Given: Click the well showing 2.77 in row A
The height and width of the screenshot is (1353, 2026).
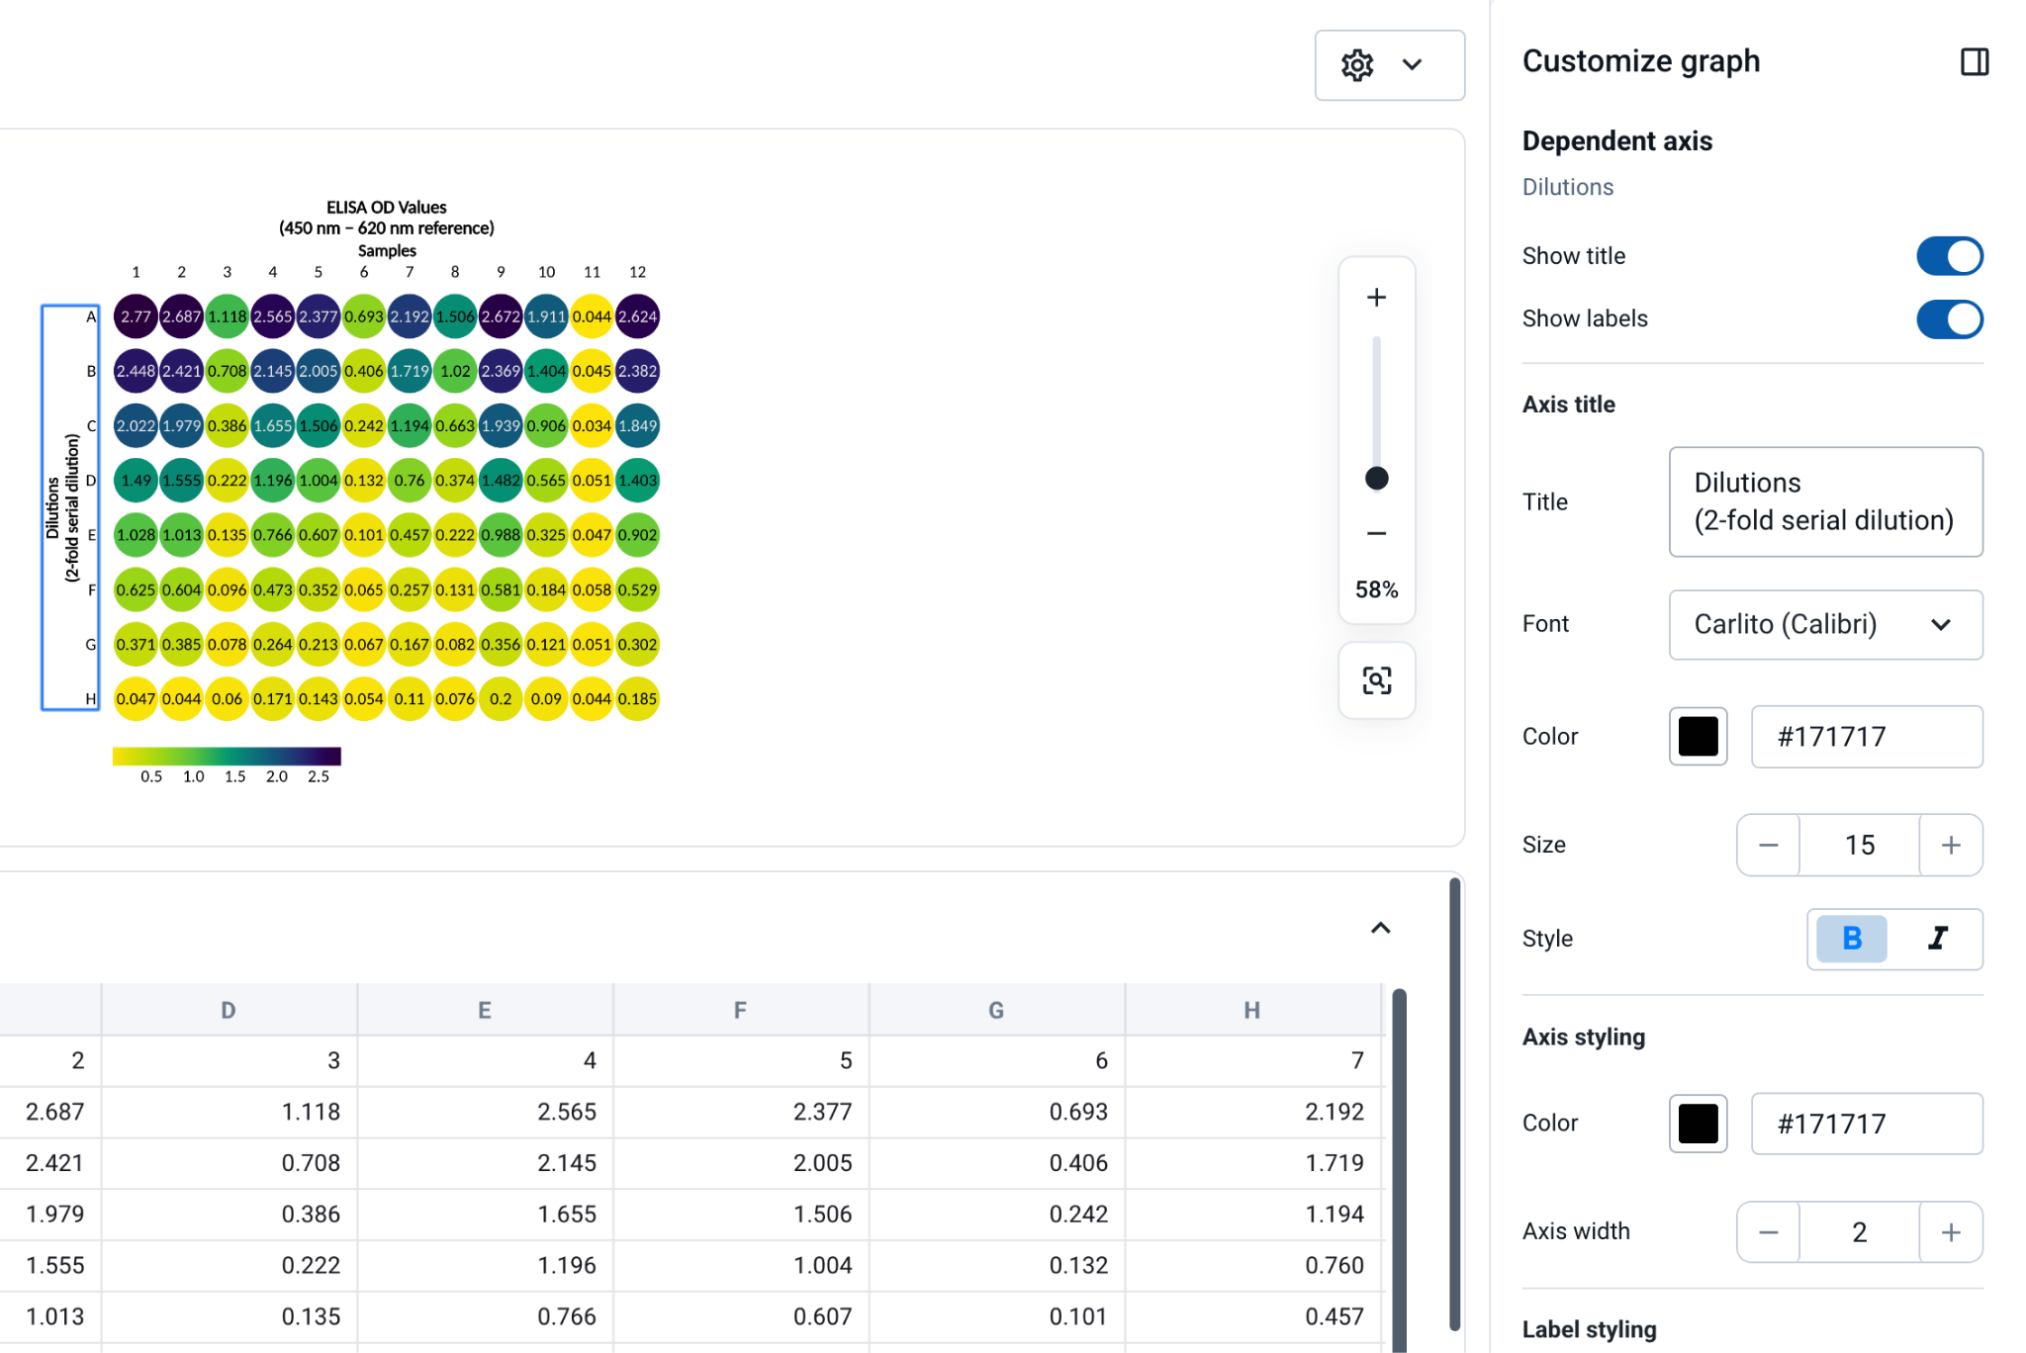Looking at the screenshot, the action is [x=136, y=316].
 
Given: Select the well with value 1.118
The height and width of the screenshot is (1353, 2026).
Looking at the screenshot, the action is [x=227, y=316].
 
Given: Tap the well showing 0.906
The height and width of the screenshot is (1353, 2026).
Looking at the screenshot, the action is [x=546, y=426].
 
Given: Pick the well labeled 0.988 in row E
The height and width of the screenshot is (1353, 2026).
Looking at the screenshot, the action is [x=501, y=535].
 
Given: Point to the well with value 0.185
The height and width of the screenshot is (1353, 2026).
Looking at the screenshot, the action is [x=637, y=699].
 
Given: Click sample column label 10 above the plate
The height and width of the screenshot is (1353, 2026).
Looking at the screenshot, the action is [x=546, y=272].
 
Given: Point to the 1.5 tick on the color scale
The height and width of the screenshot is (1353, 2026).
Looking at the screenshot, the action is [x=234, y=777].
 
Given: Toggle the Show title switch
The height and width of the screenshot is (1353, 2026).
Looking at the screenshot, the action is [x=1949, y=256].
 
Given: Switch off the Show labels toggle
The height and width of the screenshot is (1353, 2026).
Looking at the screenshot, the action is [x=1949, y=319].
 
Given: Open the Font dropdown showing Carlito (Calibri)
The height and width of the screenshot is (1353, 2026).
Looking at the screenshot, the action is [x=1825, y=625].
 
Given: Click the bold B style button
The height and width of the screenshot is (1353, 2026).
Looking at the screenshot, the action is [x=1851, y=939].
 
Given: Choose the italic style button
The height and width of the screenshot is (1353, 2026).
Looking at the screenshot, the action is [x=1937, y=939].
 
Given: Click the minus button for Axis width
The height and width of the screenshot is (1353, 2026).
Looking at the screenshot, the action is [x=1768, y=1232].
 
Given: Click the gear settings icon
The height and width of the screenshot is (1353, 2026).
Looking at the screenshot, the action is [x=1357, y=65].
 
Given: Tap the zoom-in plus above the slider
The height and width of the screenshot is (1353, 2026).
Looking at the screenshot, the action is [x=1376, y=298].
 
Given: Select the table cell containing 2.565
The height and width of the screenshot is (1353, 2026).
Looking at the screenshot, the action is [x=485, y=1112].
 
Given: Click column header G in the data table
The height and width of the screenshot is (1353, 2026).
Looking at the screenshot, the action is [x=996, y=1010].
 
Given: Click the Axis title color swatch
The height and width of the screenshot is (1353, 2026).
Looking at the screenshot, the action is [x=1698, y=737].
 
